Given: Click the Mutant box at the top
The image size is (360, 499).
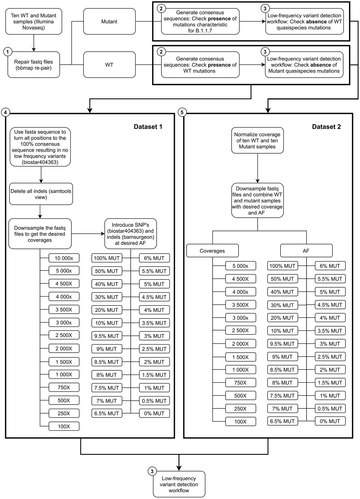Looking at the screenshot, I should pyautogui.click(x=109, y=22).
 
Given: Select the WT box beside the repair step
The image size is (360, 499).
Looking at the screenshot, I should pyautogui.click(x=109, y=65).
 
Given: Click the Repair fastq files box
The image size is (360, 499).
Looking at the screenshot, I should pyautogui.click(x=34, y=65).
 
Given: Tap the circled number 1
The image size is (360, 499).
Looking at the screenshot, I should pyautogui.click(x=7, y=52).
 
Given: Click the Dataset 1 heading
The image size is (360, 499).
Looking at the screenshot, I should pyautogui.click(x=148, y=127).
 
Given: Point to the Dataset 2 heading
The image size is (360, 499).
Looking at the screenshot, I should pyautogui.click(x=326, y=127).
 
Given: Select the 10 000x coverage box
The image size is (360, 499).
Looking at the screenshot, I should pyautogui.click(x=64, y=258).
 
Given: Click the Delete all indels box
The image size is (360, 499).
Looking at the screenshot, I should pyautogui.click(x=41, y=194).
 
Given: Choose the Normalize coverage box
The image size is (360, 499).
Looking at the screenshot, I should pyautogui.click(x=257, y=141).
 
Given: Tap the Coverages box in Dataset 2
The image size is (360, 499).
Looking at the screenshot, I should pyautogui.click(x=212, y=251).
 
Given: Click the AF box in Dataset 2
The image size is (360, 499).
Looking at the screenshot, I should pyautogui.click(x=306, y=251).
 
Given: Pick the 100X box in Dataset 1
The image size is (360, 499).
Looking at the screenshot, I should pyautogui.click(x=64, y=426).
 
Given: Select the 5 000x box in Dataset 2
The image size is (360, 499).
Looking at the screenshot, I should pyautogui.click(x=241, y=266).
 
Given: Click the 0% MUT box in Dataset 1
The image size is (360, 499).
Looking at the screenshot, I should pyautogui.click(x=154, y=413).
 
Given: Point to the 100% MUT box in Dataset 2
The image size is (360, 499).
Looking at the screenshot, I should pyautogui.click(x=282, y=266).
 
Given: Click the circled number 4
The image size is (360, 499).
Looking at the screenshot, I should pyautogui.click(x=5, y=112).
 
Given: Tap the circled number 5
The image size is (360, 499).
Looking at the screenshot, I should pyautogui.click(x=182, y=112).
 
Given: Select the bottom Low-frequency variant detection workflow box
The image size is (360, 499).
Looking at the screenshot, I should pyautogui.click(x=179, y=484).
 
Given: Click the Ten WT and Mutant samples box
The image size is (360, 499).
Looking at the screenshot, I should pyautogui.click(x=34, y=22).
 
